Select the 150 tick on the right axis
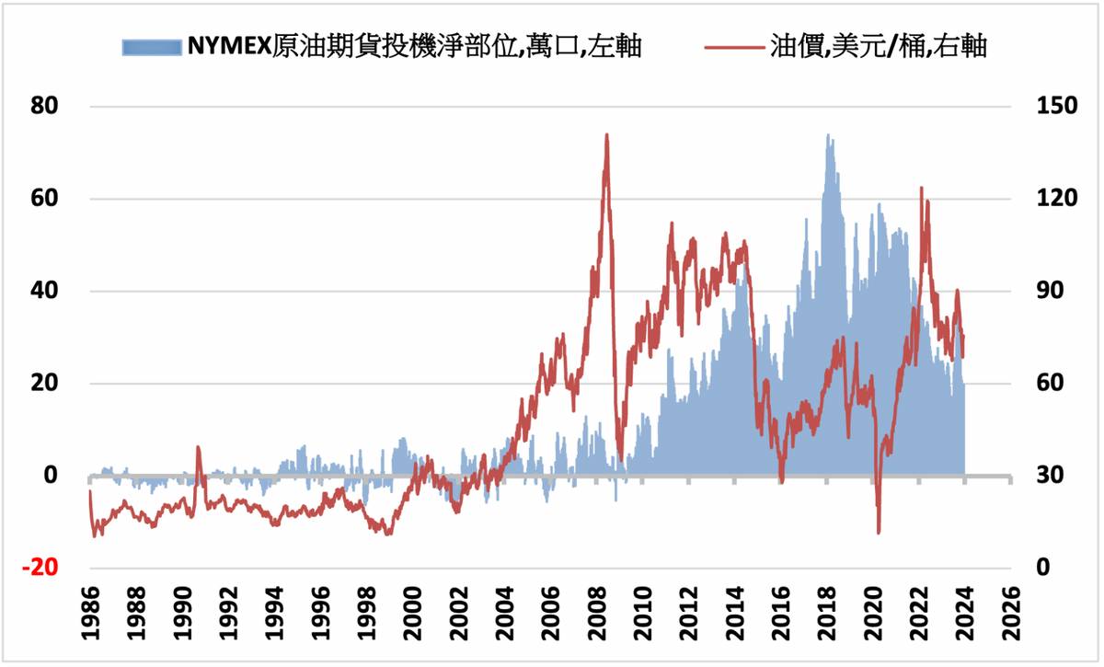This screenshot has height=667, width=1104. [x=1049, y=107]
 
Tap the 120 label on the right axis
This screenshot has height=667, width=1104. [x=1049, y=199]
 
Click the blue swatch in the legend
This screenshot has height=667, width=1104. [x=151, y=48]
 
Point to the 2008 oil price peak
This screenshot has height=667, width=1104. [x=606, y=135]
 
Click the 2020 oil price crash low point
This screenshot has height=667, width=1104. [x=879, y=532]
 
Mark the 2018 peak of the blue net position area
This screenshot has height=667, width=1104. [x=828, y=135]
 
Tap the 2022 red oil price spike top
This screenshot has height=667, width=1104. [x=921, y=188]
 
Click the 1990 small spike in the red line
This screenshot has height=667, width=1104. [x=198, y=448]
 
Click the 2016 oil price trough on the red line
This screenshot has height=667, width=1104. [x=781, y=480]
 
